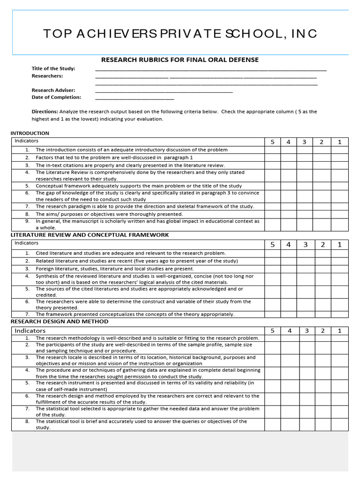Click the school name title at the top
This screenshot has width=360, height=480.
180,33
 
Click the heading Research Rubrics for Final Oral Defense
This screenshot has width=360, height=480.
180,60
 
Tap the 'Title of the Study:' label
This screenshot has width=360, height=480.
53,68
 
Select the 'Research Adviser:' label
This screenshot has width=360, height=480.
53,90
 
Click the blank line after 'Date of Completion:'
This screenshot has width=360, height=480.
135,97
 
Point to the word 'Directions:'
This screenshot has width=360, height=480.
45,112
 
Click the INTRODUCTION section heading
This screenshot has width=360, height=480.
30,133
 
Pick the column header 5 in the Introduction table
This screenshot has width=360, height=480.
272,142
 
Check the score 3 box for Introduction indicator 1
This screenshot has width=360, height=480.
305,150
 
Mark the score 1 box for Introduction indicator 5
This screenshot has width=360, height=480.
340,186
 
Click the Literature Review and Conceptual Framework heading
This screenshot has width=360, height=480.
90,235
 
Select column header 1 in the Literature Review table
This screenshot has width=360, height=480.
340,244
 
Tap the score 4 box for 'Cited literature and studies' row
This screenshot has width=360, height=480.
289,253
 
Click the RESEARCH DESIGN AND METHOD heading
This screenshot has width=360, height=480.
60,322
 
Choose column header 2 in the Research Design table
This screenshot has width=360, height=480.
322,330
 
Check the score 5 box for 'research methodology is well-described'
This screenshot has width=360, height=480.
272,338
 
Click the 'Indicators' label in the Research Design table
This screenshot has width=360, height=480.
30,330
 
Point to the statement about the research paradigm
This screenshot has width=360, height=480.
145,206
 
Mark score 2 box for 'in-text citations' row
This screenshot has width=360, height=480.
322,165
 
